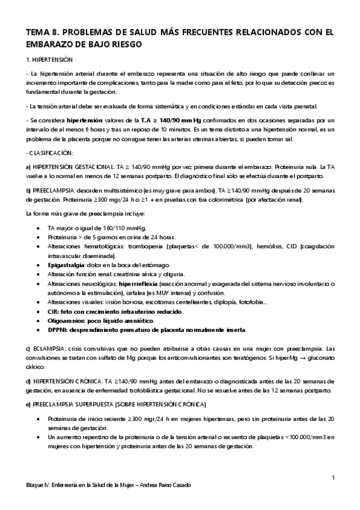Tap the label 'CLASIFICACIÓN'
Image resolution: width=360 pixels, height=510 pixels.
pos(52,153)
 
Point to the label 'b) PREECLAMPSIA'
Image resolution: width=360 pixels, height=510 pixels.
pos(52,189)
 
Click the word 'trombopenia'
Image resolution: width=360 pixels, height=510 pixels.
pos(145,246)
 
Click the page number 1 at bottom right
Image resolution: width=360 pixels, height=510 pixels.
pos(332,478)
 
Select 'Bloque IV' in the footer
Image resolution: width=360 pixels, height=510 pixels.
pos(31,485)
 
